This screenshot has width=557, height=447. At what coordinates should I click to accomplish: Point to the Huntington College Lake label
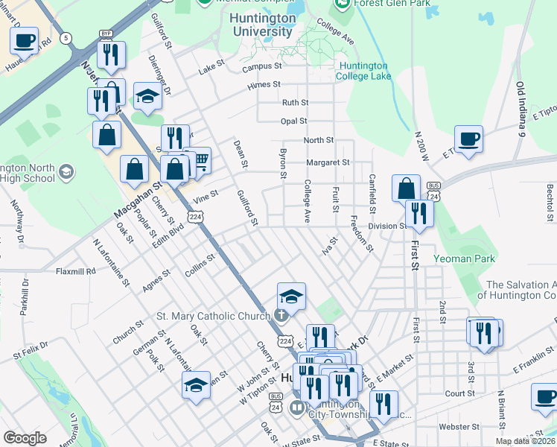363,71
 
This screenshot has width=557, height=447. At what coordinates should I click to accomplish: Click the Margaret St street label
327,162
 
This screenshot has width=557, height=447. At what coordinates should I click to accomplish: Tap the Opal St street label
293,121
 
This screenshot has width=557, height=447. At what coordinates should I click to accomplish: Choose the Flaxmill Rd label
76,271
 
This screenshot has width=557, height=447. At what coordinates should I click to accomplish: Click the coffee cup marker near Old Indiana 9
468,139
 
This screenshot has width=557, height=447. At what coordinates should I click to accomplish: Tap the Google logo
25,438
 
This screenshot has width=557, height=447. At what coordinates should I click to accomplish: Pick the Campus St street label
261,66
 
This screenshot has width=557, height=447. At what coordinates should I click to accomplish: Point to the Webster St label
459,427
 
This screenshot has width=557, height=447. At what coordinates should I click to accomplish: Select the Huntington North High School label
27,173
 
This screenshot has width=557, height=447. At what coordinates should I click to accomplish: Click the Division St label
386,226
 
